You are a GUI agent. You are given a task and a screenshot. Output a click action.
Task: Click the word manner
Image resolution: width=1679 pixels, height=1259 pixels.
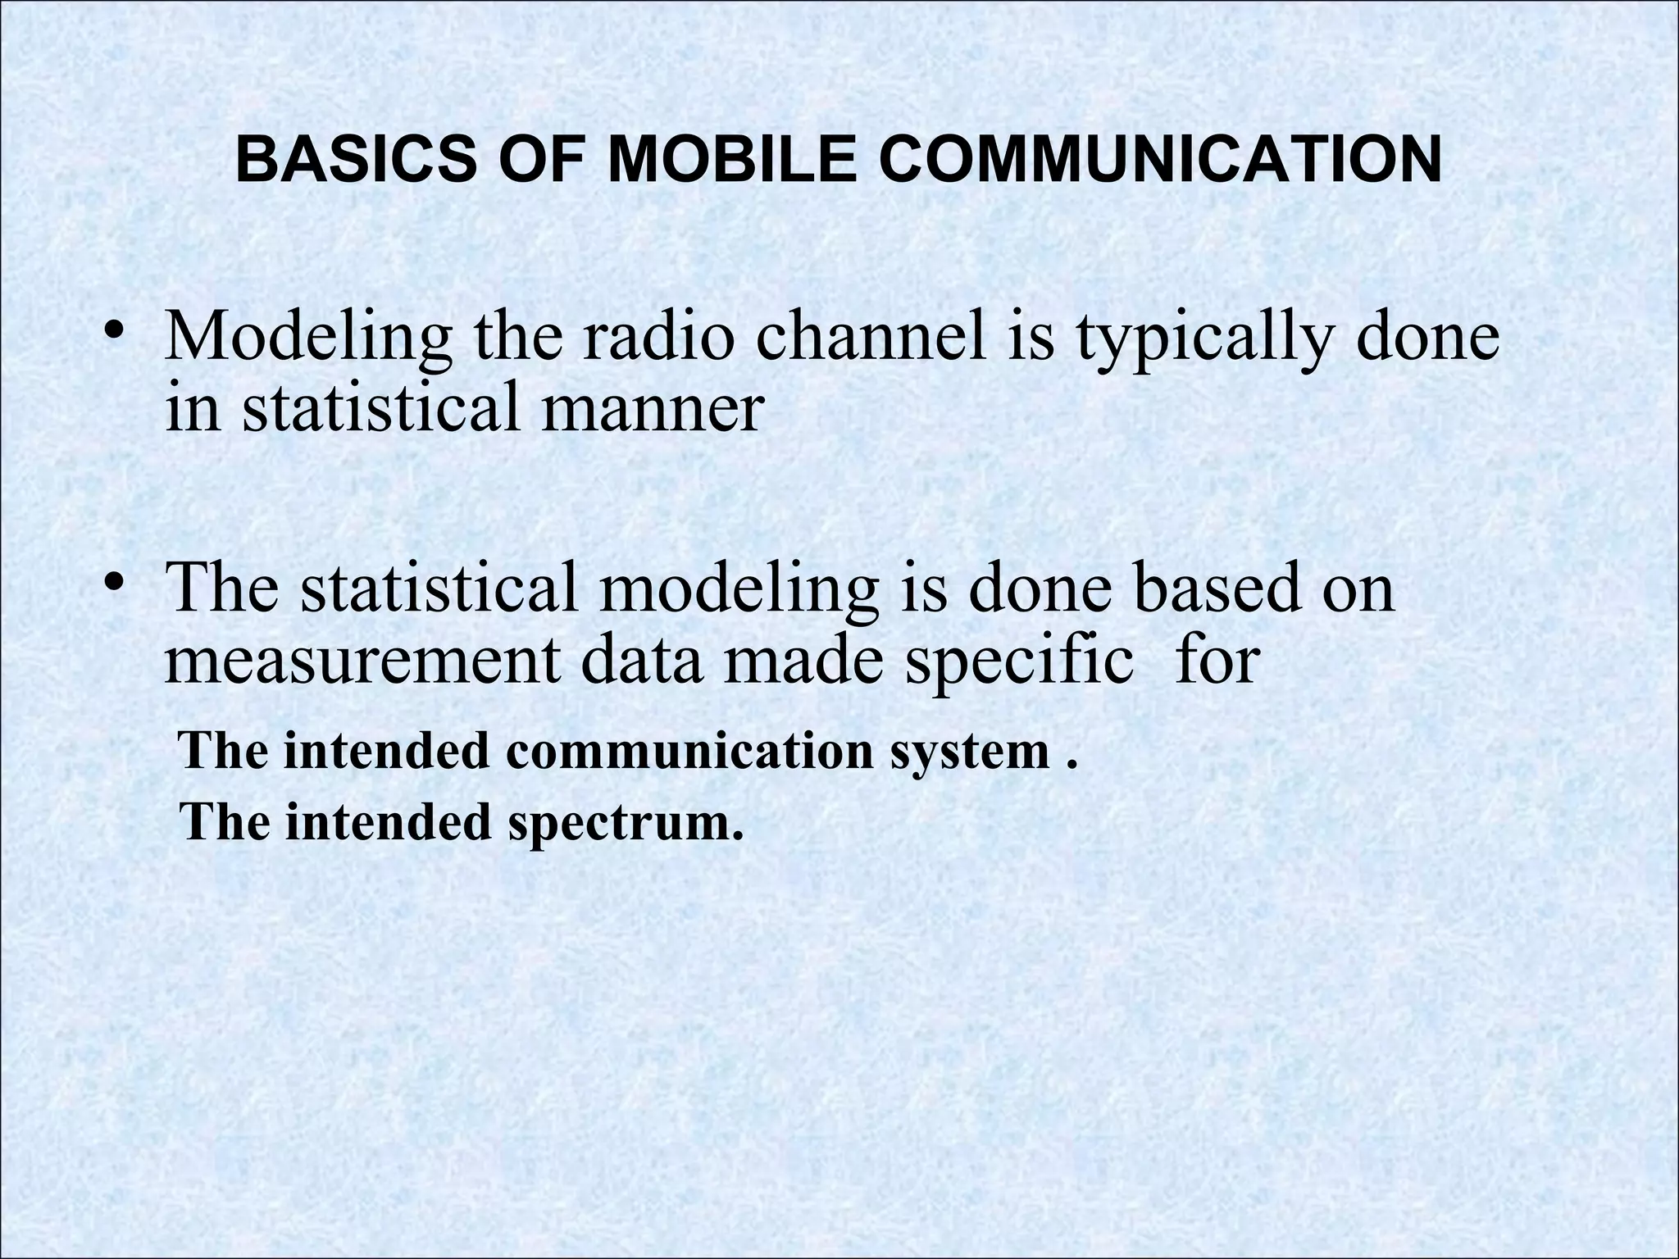(x=652, y=409)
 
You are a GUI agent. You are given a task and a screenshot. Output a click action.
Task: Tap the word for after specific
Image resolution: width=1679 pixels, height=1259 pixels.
(x=1217, y=661)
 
